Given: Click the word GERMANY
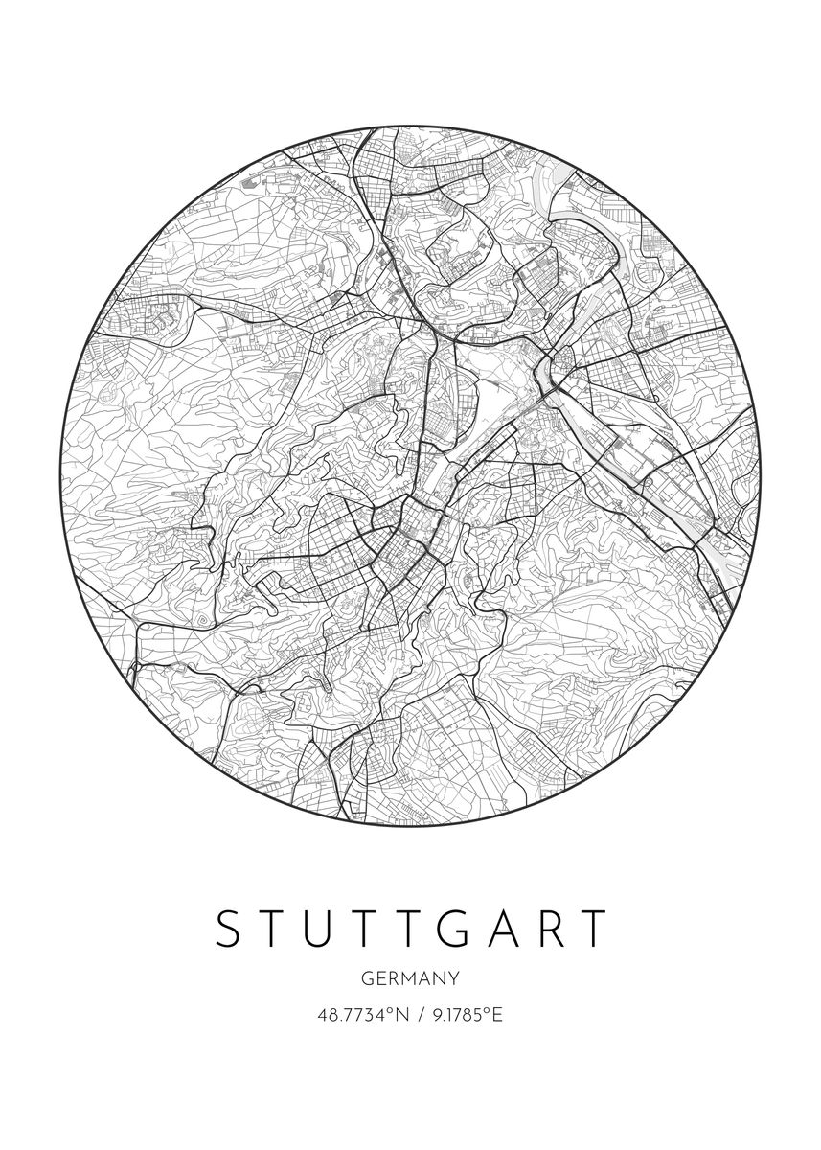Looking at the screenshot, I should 411,978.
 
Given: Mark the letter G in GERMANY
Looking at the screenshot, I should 368,978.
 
